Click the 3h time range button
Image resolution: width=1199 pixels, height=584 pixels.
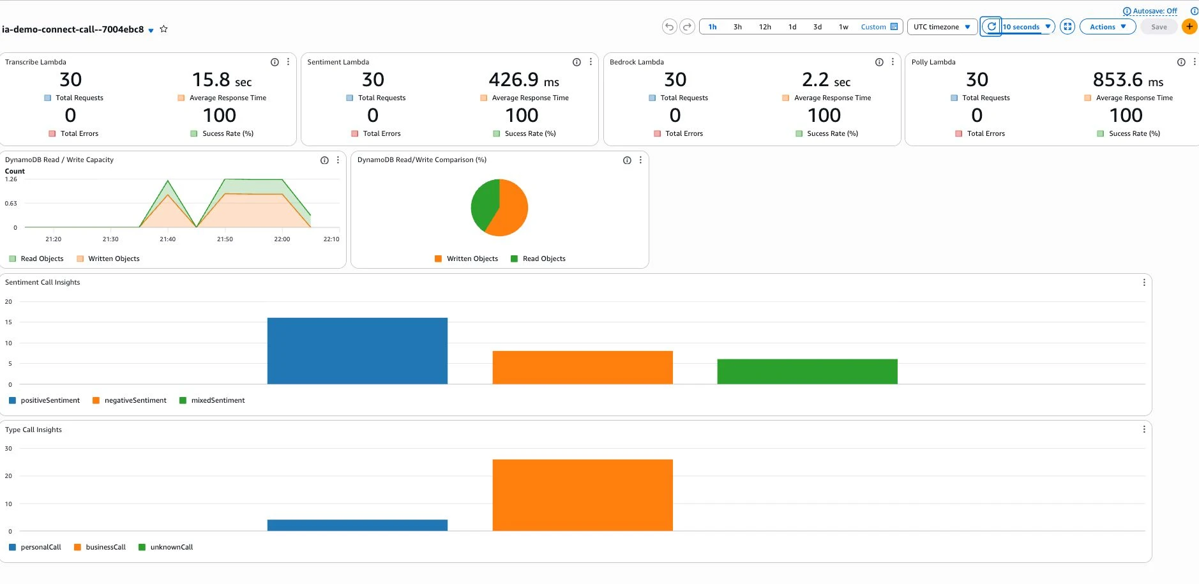point(737,27)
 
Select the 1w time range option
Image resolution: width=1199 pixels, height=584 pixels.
point(843,27)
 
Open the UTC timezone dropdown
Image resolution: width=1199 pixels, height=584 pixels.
point(942,27)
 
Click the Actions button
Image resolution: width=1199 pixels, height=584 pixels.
point(1108,27)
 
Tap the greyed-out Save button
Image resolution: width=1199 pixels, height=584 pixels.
point(1159,27)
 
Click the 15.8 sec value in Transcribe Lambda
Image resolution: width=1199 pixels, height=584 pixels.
point(222,80)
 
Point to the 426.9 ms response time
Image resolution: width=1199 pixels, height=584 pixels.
point(524,80)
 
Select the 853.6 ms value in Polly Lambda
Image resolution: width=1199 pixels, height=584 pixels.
point(1127,80)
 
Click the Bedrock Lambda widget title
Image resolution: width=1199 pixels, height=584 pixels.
point(637,62)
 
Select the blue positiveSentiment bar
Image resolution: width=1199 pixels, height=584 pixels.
point(358,351)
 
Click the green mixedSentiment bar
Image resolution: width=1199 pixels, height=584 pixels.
point(807,371)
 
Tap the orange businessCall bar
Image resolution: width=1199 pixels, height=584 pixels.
point(582,495)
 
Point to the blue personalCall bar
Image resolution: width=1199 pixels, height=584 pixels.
point(358,525)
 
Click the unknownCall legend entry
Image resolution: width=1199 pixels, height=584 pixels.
point(166,547)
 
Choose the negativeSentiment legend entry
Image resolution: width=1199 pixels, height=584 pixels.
point(130,400)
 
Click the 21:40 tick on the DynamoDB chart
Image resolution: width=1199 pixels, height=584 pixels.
point(168,239)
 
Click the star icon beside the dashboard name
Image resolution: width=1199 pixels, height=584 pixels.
point(163,29)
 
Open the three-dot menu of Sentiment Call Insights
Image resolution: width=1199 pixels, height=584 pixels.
point(1144,282)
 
